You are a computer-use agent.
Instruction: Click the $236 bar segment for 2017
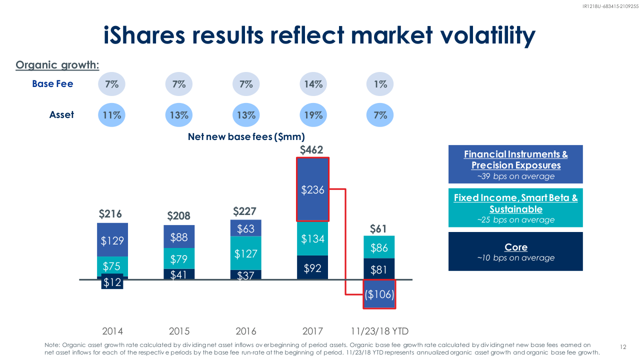tap(312, 189)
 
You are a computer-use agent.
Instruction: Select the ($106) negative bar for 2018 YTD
tap(379, 294)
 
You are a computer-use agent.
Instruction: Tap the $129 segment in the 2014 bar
tap(112, 240)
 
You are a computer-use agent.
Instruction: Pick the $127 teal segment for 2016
tap(245, 253)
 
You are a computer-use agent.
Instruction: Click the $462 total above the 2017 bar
tap(311, 149)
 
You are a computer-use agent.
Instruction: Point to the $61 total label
tap(378, 229)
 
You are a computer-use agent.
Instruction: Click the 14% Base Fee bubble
tap(313, 84)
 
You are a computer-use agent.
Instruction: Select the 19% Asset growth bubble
tap(313, 115)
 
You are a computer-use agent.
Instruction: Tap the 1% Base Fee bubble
tap(380, 84)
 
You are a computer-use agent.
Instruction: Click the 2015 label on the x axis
tap(179, 331)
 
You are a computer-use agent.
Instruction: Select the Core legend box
tap(515, 251)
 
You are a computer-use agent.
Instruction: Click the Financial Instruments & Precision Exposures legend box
tap(515, 164)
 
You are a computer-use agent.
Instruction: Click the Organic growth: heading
tap(57, 65)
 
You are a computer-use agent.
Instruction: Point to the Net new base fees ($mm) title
tap(246, 136)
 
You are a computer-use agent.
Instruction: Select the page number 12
tap(623, 347)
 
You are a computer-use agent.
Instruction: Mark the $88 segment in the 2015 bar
tap(179, 237)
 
